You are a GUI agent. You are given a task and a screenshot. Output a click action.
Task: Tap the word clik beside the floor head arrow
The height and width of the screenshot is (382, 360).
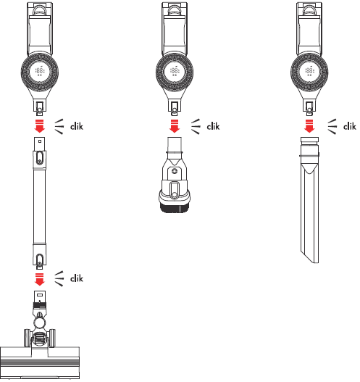point(77,278)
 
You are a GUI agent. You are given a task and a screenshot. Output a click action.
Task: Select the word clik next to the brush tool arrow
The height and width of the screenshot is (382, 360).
point(212,125)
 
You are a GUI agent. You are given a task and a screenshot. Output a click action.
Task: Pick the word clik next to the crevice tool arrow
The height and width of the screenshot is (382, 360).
point(349,125)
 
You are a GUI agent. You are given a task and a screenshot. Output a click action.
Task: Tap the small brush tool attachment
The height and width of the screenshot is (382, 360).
point(174,178)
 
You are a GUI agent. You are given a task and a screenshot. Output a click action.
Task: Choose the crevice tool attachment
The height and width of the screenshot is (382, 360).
point(309,196)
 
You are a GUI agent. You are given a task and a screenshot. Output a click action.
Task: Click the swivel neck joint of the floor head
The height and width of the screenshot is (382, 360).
point(41,319)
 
